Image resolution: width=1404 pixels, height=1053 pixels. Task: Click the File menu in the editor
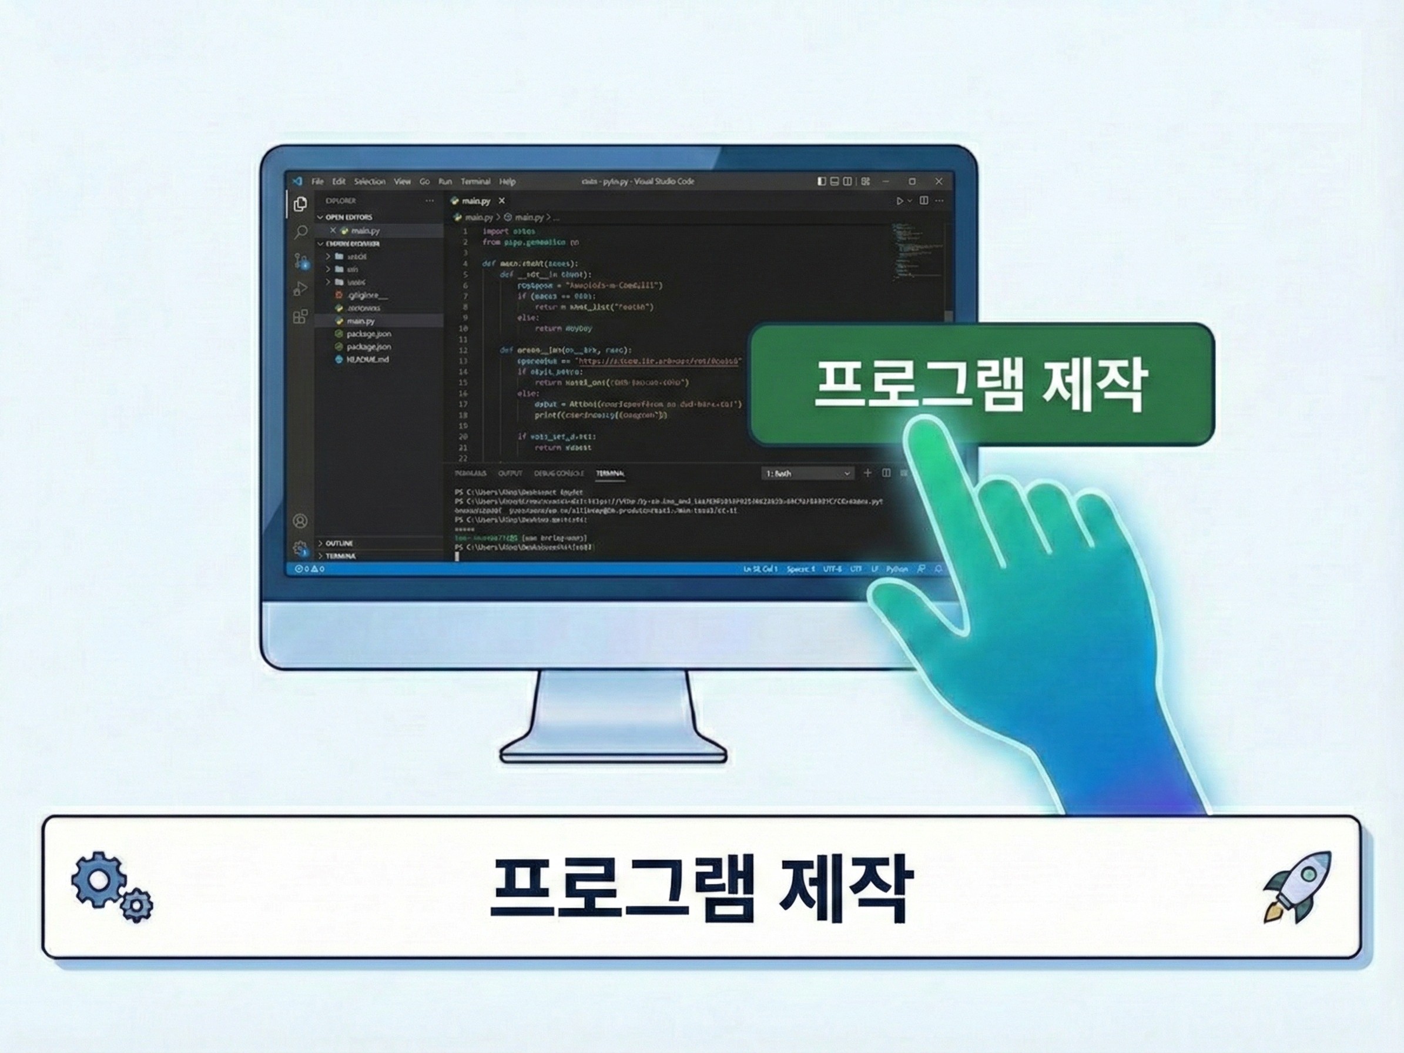pyautogui.click(x=317, y=182)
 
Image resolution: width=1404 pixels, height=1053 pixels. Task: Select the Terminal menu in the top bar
pyautogui.click(x=475, y=182)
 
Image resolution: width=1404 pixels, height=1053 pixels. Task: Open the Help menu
pyautogui.click(x=507, y=182)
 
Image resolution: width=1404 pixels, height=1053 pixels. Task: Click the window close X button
pyautogui.click(x=939, y=182)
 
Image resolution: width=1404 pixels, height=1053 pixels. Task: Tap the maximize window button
pyautogui.click(x=912, y=182)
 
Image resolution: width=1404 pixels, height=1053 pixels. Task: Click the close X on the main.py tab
pyautogui.click(x=501, y=200)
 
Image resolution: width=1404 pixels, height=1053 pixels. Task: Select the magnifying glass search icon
pyautogui.click(x=301, y=232)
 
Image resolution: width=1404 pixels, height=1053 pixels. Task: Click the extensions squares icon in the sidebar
pyautogui.click(x=300, y=316)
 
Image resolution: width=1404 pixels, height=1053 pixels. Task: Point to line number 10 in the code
pyautogui.click(x=463, y=328)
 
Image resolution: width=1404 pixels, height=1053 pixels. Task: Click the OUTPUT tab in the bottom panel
pyautogui.click(x=510, y=473)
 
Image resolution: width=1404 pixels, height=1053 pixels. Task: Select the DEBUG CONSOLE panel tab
pyautogui.click(x=558, y=473)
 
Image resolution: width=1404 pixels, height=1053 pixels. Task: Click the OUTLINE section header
pyautogui.click(x=339, y=543)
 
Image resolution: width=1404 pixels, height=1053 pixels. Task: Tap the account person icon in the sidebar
pyautogui.click(x=300, y=522)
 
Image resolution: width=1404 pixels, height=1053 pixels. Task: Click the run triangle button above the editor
pyautogui.click(x=899, y=200)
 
